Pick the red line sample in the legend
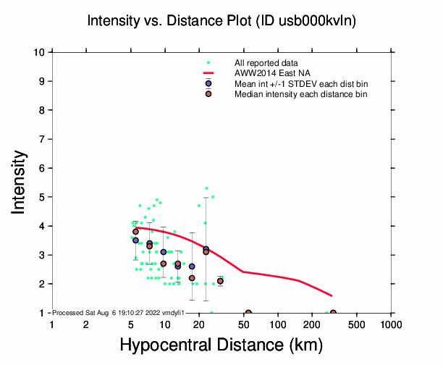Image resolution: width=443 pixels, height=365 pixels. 208,73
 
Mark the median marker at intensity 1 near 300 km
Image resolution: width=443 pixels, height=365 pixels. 333,313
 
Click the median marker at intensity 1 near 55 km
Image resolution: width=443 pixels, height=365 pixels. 248,313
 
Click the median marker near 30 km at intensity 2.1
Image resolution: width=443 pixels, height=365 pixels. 220,281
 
